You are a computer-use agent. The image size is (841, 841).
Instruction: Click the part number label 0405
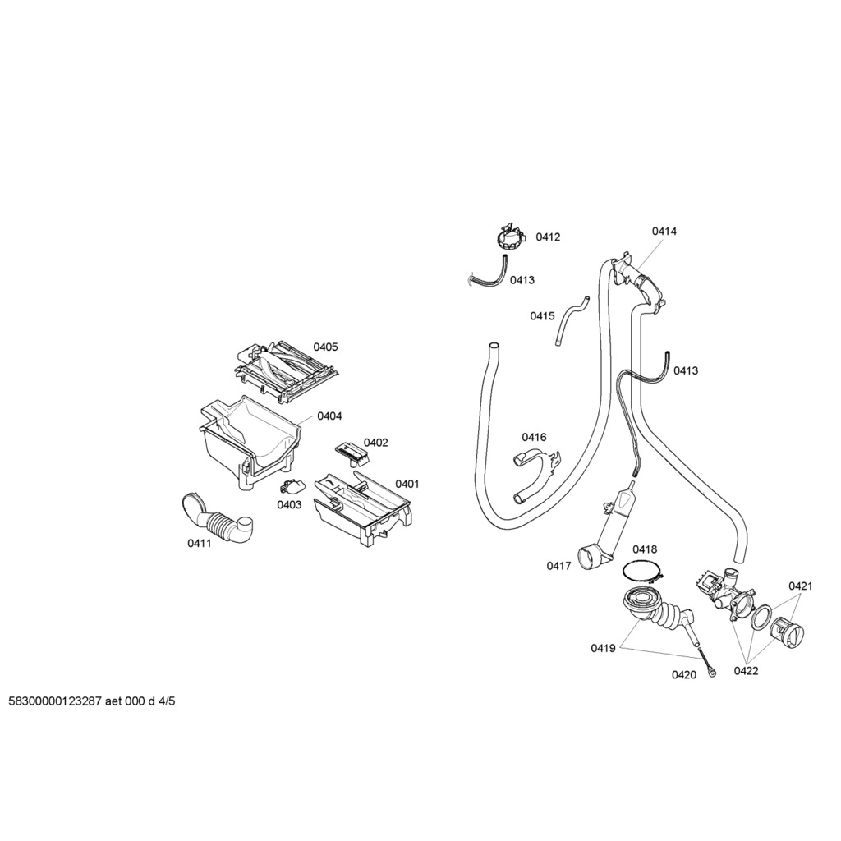tap(326, 347)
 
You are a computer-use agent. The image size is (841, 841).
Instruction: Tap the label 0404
tap(329, 416)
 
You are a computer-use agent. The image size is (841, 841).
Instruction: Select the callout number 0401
tap(407, 484)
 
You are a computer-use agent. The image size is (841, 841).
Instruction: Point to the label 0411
tap(200, 543)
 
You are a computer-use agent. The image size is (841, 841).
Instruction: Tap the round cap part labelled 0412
tap(512, 239)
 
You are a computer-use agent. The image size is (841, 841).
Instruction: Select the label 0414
tap(664, 232)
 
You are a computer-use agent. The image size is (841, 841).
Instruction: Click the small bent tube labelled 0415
tap(571, 319)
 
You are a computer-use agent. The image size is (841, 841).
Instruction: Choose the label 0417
tap(558, 565)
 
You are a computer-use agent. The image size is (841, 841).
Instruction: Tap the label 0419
tap(603, 648)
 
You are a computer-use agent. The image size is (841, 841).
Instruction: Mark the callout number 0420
tap(683, 675)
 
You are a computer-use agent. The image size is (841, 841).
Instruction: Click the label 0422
tap(746, 671)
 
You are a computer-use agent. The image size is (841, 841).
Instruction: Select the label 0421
tap(801, 586)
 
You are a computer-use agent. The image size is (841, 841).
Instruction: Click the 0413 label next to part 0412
tap(522, 280)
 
